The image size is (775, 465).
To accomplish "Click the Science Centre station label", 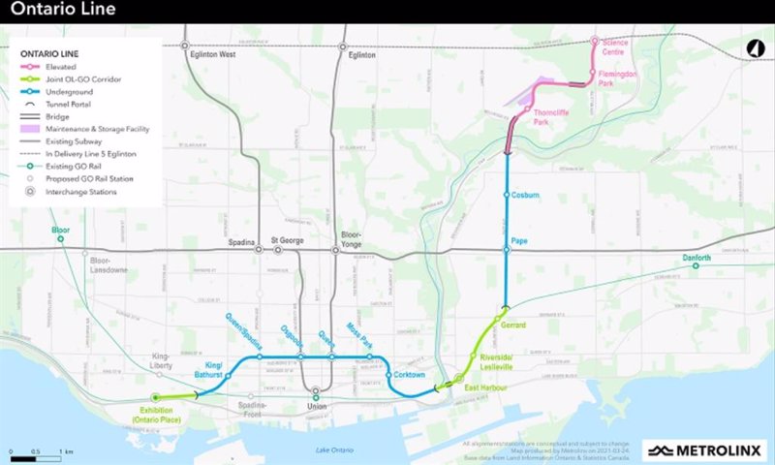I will coord(615,47).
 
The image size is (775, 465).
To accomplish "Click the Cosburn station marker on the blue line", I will coord(507,195).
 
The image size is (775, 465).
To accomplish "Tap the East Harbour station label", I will coord(484,387).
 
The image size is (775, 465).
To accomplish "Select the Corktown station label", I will coord(411,374).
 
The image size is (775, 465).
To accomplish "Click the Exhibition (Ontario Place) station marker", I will coord(155,397).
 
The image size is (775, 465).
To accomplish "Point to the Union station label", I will coord(315,406).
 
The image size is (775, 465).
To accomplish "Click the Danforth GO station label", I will coord(696,258).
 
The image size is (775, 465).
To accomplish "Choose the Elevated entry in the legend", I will coord(62,66).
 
